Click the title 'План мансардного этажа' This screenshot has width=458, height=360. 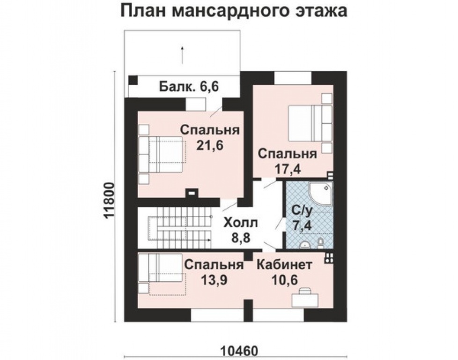234,11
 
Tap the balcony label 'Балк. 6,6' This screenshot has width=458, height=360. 189,87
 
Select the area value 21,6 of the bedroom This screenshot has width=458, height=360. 210,145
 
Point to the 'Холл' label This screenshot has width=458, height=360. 241,222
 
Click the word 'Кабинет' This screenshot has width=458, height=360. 284,265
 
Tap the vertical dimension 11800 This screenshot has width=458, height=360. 109,199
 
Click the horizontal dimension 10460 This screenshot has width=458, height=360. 238,351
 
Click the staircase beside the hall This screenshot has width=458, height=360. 179,228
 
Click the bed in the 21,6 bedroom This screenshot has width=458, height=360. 164,154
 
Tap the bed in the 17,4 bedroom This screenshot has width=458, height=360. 307,123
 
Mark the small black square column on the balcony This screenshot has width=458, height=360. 133,80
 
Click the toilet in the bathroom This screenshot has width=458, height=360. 320,242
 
